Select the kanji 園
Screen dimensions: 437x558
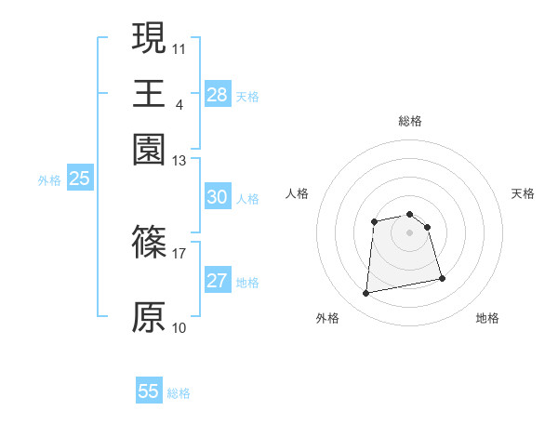[x=149, y=149]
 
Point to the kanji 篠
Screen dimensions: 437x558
[x=149, y=244]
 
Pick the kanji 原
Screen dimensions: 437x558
[x=149, y=316]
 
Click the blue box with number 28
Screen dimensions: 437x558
[x=217, y=94]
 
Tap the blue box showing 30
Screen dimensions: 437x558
[x=217, y=197]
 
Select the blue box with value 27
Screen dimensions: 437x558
[x=217, y=282]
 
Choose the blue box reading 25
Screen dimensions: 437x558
[x=79, y=179]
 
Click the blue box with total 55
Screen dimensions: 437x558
[x=149, y=391]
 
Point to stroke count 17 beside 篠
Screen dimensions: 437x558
[x=179, y=252]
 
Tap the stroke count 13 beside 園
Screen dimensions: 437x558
[x=179, y=160]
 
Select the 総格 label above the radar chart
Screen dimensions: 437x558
[x=409, y=121]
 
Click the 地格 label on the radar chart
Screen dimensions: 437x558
[x=487, y=319]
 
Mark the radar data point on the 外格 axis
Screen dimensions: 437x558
[x=366, y=294]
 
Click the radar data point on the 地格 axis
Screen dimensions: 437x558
[x=442, y=279]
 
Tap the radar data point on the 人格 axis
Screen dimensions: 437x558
[x=374, y=221]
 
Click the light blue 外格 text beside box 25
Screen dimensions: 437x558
[x=48, y=180]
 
